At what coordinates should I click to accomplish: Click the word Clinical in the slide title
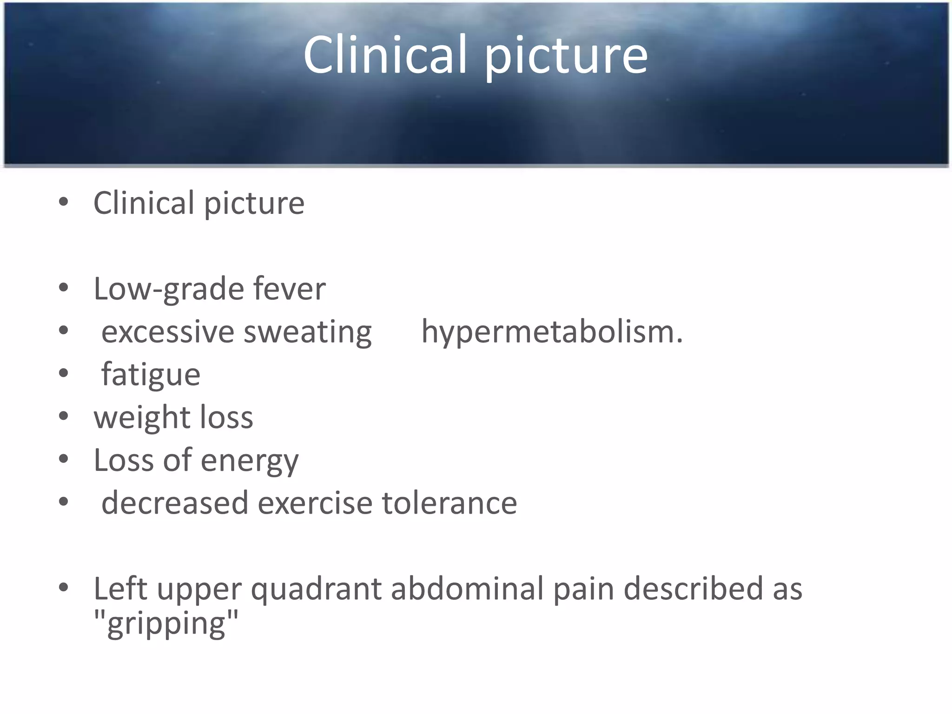click(385, 55)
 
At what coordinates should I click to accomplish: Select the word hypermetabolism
click(552, 332)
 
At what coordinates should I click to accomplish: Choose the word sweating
click(307, 333)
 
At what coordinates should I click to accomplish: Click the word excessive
click(168, 332)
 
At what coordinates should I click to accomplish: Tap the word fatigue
click(151, 375)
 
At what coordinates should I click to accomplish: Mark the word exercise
click(315, 503)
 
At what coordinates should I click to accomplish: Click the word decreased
click(175, 503)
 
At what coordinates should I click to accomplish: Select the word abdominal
click(467, 588)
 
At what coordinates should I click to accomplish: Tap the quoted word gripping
click(166, 624)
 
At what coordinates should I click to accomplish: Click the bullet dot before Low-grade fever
click(64, 288)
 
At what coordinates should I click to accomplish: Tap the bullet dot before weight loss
click(64, 416)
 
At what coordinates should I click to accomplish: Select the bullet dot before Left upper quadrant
click(64, 588)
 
